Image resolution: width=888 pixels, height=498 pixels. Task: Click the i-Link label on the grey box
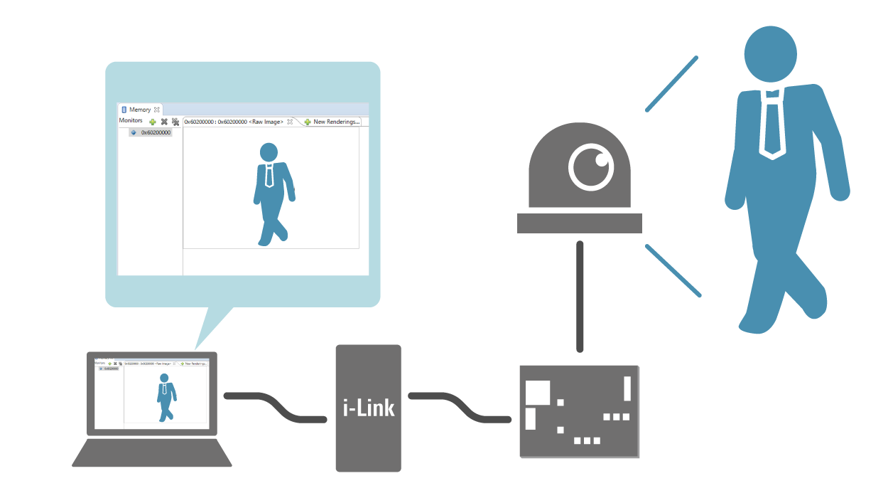(x=368, y=408)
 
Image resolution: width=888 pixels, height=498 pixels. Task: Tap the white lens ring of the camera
(x=591, y=167)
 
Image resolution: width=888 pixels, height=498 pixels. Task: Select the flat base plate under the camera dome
(x=579, y=223)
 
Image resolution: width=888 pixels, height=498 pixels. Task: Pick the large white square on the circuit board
(x=538, y=392)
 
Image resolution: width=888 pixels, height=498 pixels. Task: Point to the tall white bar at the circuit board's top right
(x=627, y=388)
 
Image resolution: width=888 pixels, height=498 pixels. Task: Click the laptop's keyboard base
(x=152, y=453)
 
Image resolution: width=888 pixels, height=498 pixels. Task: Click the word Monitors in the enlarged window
(x=131, y=121)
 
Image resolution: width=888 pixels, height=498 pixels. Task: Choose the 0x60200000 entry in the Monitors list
(x=156, y=132)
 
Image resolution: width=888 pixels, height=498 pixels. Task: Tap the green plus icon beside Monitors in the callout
(x=153, y=122)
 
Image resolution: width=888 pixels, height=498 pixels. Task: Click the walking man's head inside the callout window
(x=269, y=152)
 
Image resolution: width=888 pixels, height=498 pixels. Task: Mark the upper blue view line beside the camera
(x=671, y=85)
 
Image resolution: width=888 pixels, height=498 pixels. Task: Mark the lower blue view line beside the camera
(x=673, y=270)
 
